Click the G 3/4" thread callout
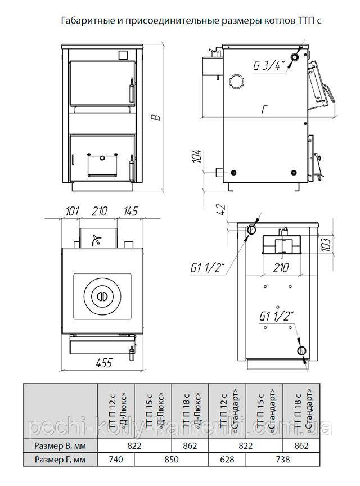(x=269, y=65)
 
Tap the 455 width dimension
(x=103, y=363)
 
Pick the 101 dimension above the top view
(x=72, y=211)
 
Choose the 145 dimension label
(x=130, y=211)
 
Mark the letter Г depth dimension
(x=264, y=110)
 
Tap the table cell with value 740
(x=116, y=459)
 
